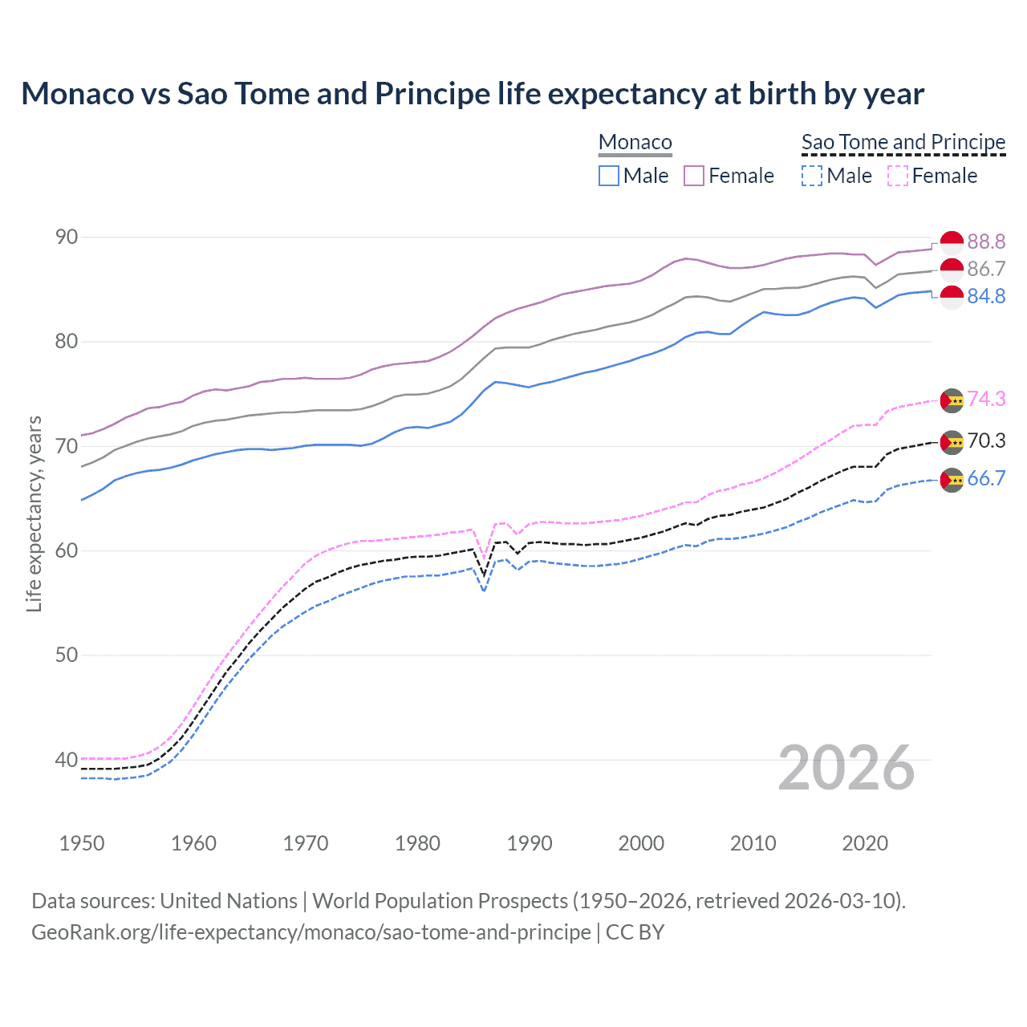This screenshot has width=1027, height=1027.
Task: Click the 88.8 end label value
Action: click(x=986, y=242)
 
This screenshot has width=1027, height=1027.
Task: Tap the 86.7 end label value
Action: click(x=986, y=269)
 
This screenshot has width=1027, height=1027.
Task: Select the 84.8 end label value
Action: click(x=986, y=296)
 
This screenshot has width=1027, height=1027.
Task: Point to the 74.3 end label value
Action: click(x=986, y=399)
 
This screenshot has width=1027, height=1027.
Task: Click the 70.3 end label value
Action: click(x=986, y=440)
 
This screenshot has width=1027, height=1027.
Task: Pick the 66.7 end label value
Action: click(x=986, y=479)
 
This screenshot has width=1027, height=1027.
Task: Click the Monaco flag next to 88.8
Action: click(x=952, y=242)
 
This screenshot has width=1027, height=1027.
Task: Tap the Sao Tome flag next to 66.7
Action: click(x=952, y=480)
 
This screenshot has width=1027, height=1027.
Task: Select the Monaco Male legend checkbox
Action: click(x=609, y=176)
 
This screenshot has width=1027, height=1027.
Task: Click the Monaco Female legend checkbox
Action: click(x=694, y=176)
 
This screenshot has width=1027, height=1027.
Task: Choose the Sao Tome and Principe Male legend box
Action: click(x=812, y=176)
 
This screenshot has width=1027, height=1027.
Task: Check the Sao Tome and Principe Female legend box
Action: click(x=898, y=176)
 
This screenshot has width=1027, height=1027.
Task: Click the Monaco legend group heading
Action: click(x=635, y=142)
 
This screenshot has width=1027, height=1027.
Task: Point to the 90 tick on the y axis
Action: click(x=67, y=237)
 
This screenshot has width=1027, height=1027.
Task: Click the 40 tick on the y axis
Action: click(x=67, y=759)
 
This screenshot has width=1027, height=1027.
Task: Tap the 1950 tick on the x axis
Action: click(x=82, y=843)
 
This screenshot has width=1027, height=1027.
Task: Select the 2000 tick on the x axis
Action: click(x=641, y=843)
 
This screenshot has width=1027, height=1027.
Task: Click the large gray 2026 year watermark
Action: click(x=846, y=768)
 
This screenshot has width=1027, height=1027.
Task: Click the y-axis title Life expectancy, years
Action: click(x=34, y=513)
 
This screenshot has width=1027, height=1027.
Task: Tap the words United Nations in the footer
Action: click(x=229, y=901)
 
